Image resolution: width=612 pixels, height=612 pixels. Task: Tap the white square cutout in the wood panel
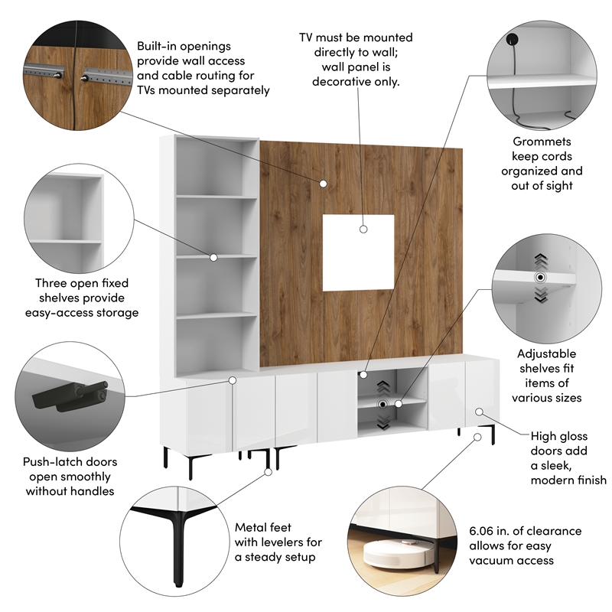358,252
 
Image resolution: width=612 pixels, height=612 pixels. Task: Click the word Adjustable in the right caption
546,354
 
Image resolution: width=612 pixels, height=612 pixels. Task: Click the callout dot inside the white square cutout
363,228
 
